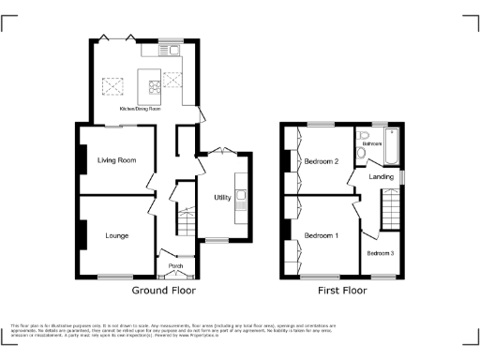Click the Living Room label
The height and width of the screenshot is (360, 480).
point(117,160)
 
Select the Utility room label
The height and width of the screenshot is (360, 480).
point(222,198)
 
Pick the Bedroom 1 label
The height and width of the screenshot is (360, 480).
point(322,234)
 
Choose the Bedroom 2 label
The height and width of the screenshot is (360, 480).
point(322,160)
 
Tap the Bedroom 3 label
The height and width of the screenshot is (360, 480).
point(381,254)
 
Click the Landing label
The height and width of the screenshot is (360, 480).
point(382,176)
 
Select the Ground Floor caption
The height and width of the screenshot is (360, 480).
point(163,291)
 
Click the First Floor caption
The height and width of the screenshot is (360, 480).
point(340,291)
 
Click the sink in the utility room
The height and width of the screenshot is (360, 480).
point(242,197)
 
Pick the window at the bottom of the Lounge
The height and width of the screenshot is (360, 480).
point(115,276)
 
